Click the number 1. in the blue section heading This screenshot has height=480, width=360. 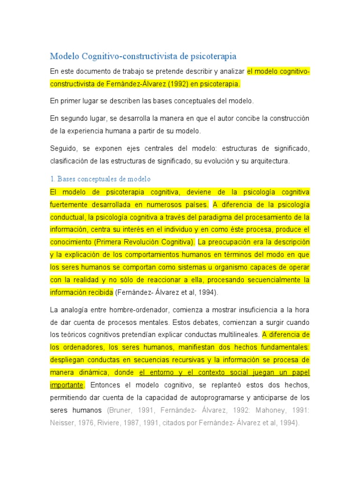point(52,180)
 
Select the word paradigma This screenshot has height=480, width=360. point(220,217)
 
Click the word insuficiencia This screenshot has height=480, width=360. point(246,310)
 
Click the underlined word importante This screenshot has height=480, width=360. point(67,385)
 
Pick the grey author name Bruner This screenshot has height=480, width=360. point(120,410)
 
